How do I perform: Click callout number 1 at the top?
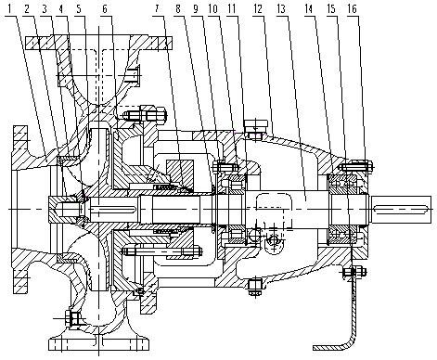coord(9,9)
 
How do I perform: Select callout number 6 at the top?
coord(105,9)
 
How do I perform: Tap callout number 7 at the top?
coord(157,9)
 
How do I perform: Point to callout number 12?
coord(258,9)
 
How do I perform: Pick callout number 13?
coord(281,9)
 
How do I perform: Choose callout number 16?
coord(352,9)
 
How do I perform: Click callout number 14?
coord(309,9)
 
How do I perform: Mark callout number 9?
coord(196,9)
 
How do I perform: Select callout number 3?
coord(45,9)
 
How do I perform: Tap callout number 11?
coord(231,9)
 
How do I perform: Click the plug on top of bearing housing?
coord(255,127)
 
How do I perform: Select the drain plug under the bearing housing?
coord(255,287)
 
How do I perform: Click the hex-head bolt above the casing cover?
coord(146,115)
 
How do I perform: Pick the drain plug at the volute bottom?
coord(73,318)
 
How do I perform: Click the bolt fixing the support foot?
coord(354,272)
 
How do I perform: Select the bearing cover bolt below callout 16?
coord(356,166)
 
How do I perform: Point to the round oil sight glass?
coord(274,240)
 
